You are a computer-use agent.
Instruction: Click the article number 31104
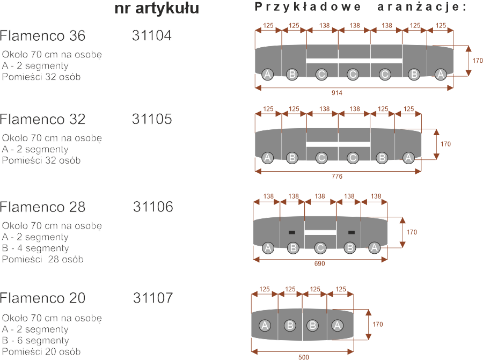coord(151,36)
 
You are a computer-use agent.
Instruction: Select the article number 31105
coord(152,119)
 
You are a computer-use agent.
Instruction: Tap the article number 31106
coord(153,207)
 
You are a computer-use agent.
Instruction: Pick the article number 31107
coord(153,298)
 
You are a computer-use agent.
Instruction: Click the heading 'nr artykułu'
coord(157,9)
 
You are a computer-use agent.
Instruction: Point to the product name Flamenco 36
coord(43,36)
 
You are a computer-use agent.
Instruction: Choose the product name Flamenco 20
coord(43,298)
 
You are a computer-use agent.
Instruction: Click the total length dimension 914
coord(337,93)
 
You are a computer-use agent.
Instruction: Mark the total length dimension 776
coord(337,176)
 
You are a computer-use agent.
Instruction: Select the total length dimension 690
coord(320,264)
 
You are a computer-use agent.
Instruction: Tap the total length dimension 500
coord(303,356)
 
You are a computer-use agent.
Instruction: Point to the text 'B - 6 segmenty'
coord(35,340)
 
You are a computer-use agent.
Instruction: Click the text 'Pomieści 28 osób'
coord(43,260)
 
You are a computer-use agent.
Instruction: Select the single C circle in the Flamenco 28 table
coord(320,248)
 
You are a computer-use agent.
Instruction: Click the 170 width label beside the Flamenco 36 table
coord(477,61)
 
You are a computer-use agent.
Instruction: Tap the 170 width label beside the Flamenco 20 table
coord(378,324)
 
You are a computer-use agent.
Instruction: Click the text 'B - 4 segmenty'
coord(35,248)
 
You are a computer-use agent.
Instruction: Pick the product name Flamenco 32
coord(43,119)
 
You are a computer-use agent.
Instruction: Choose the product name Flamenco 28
coord(43,207)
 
